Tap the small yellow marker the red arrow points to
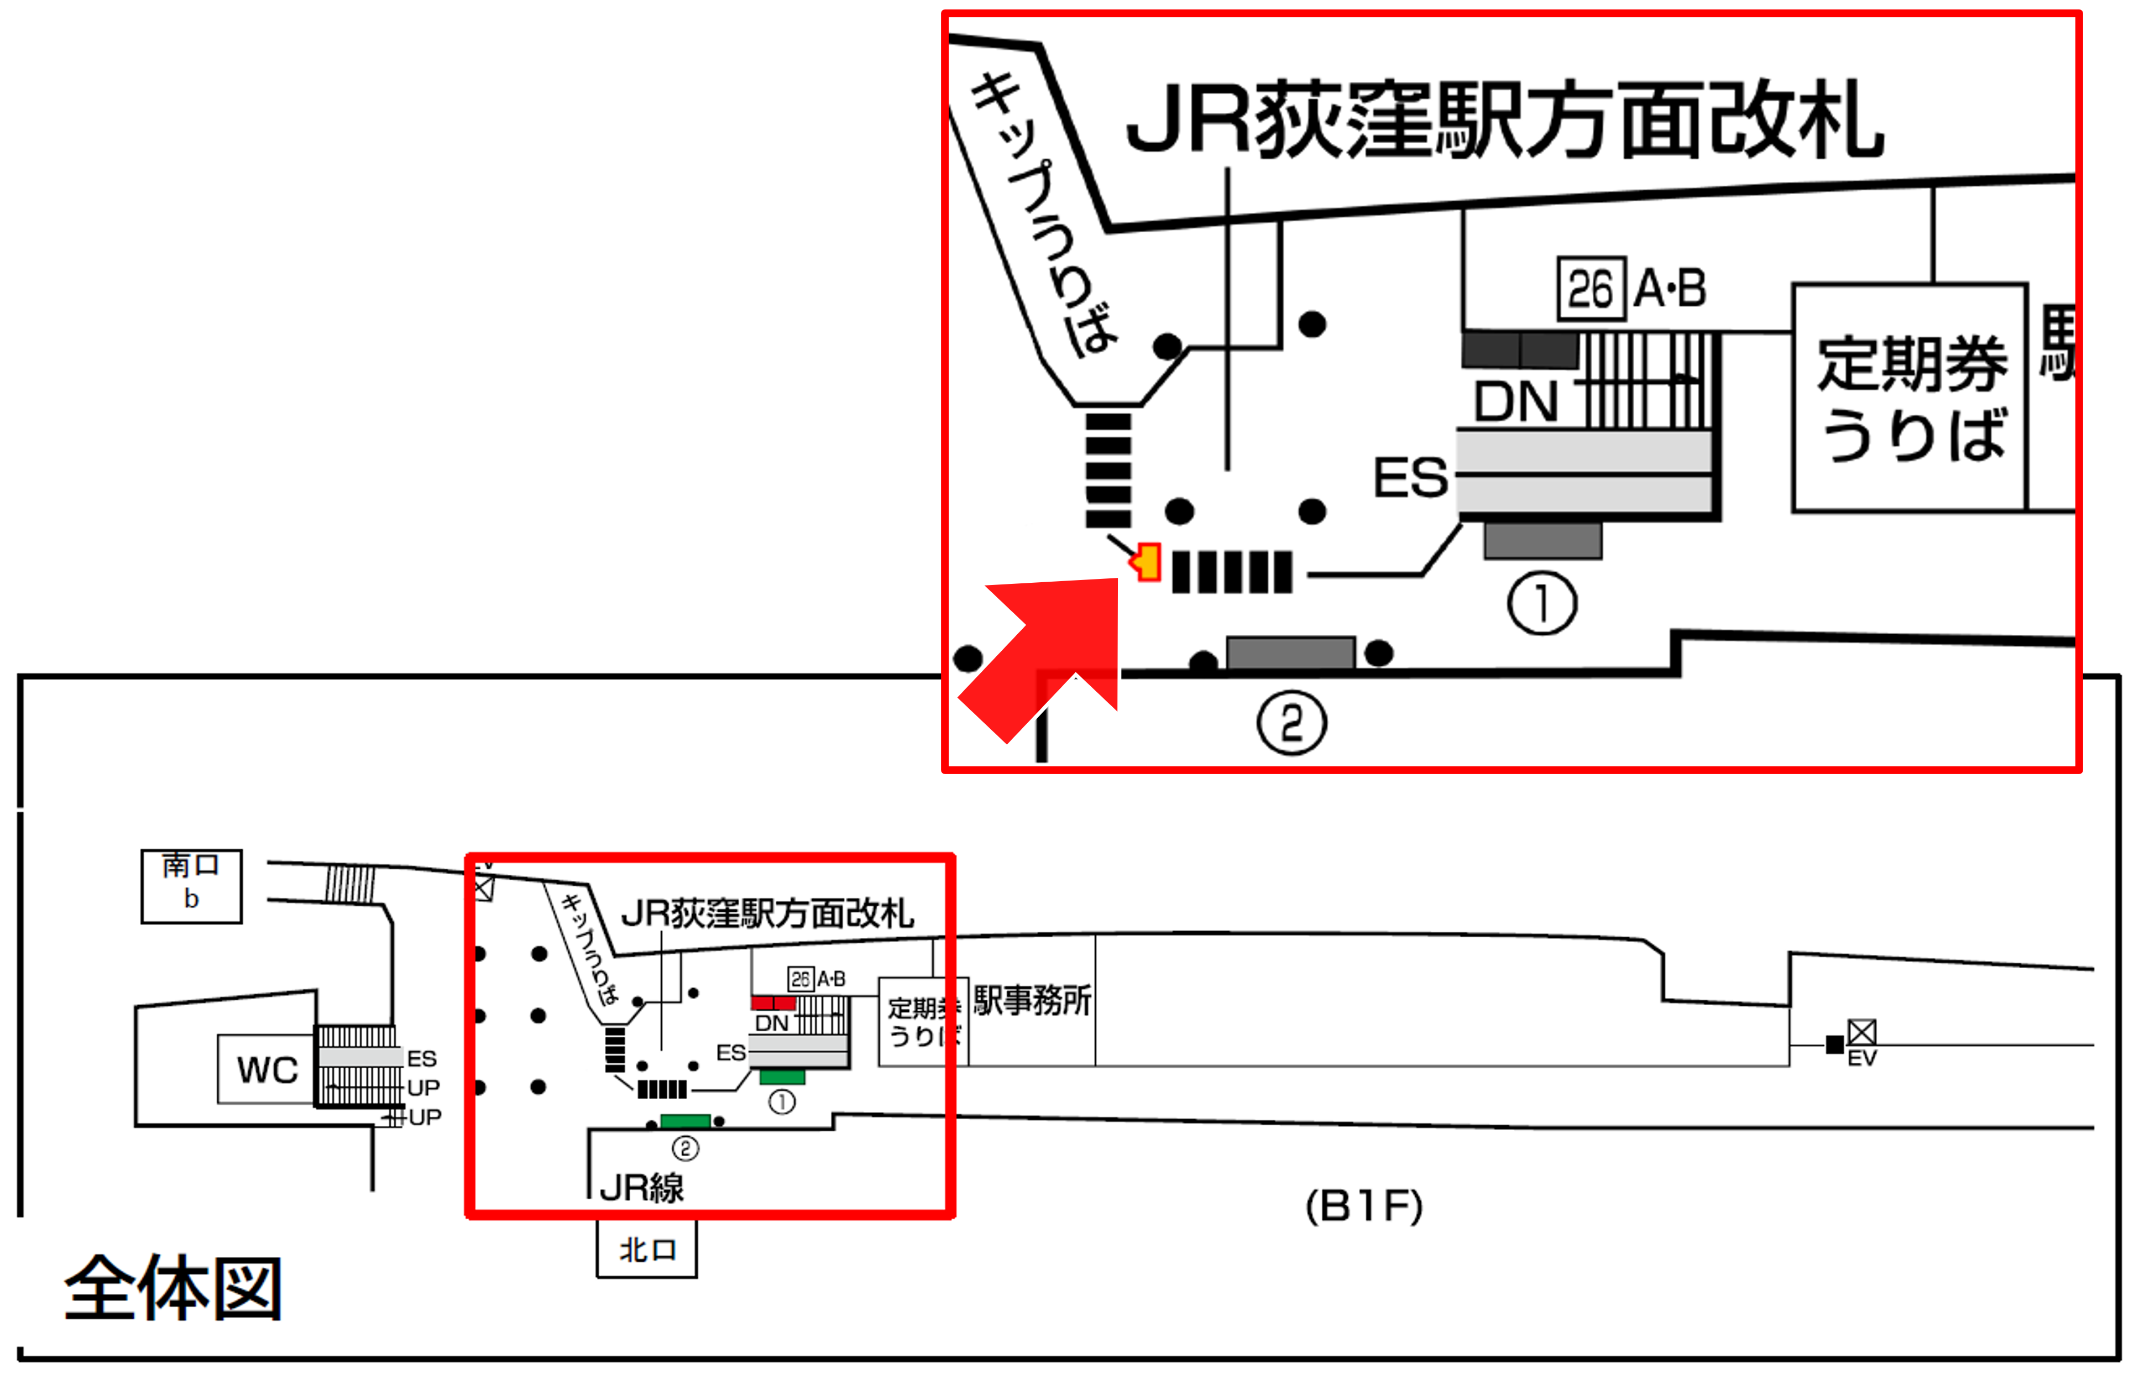(x=1147, y=562)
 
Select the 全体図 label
(x=173, y=1289)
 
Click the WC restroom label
(x=267, y=1070)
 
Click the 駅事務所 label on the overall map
(x=1032, y=1000)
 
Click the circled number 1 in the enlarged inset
(x=1542, y=604)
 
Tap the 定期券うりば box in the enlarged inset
(x=1910, y=399)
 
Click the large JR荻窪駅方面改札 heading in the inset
(x=1504, y=121)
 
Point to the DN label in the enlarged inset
(x=1516, y=401)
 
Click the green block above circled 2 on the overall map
(x=685, y=1121)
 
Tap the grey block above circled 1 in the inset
(x=1542, y=541)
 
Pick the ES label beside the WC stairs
(x=422, y=1058)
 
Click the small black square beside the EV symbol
(x=1834, y=1044)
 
